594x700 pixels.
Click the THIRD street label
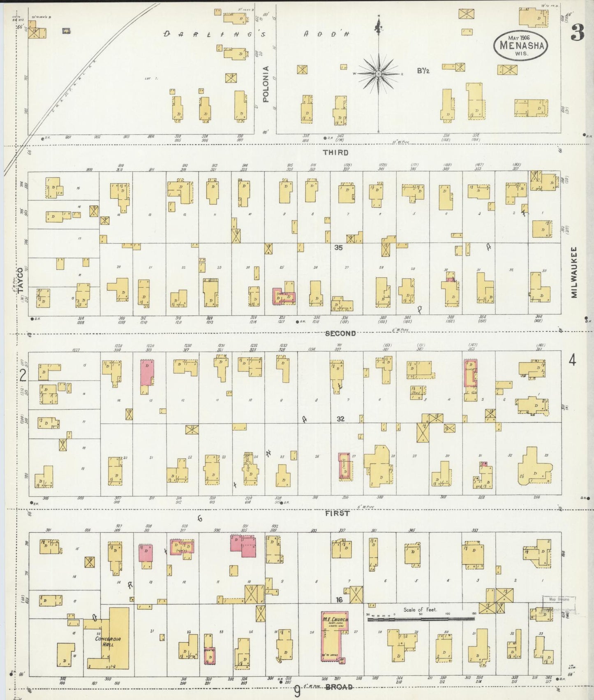click(x=335, y=153)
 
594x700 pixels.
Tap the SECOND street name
click(x=340, y=334)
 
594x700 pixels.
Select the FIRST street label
click(x=337, y=513)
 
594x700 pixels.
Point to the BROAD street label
click(x=340, y=687)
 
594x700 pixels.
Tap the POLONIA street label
click(x=266, y=84)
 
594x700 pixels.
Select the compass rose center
click(x=378, y=74)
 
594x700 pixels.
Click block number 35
click(x=338, y=248)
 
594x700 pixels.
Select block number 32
click(x=340, y=419)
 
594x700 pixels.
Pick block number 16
click(x=339, y=600)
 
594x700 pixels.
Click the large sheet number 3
click(x=577, y=33)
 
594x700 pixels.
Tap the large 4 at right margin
click(x=572, y=361)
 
